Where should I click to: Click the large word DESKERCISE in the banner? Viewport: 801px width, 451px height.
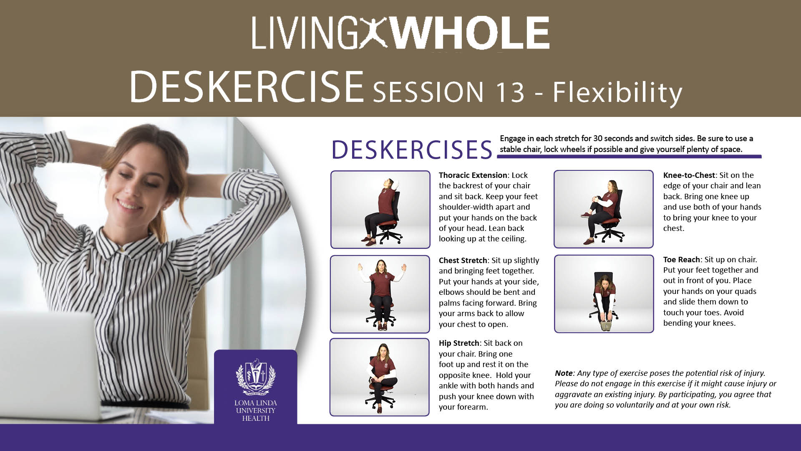pyautogui.click(x=247, y=86)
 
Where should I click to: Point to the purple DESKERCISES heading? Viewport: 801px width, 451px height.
pyautogui.click(x=412, y=149)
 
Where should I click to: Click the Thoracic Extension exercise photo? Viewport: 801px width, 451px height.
pyautogui.click(x=380, y=210)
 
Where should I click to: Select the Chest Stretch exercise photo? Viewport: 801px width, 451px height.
pyautogui.click(x=380, y=294)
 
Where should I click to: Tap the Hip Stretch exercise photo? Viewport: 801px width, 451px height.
pyautogui.click(x=379, y=377)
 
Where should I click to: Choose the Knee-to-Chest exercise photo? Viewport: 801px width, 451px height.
pyautogui.click(x=603, y=209)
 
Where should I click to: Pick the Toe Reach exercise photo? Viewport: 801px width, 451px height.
pyautogui.click(x=604, y=294)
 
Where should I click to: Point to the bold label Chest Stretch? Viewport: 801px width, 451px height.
pyautogui.click(x=463, y=260)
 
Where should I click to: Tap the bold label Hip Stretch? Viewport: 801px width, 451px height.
pyautogui.click(x=459, y=343)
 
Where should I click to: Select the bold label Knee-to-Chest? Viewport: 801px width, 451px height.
pyautogui.click(x=689, y=175)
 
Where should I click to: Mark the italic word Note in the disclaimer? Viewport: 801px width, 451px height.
pyautogui.click(x=564, y=373)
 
